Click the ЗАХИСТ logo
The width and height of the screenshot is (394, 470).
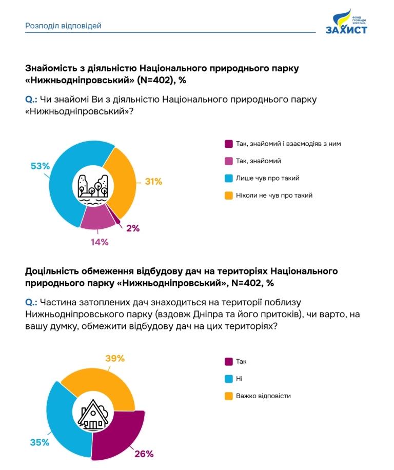click(x=347, y=23)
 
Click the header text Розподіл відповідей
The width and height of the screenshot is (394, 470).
click(x=63, y=25)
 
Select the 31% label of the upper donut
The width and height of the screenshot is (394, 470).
click(x=153, y=181)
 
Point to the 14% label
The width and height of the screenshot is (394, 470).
click(x=100, y=242)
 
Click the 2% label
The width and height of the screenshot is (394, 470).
click(x=132, y=228)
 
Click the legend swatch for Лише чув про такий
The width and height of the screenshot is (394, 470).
click(x=229, y=178)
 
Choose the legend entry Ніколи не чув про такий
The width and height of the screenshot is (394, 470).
click(x=274, y=195)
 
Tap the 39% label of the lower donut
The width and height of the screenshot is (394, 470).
click(x=115, y=358)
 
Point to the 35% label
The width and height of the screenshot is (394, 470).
click(x=40, y=442)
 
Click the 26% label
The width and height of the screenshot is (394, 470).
click(x=144, y=454)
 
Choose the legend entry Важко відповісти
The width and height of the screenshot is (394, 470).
click(x=263, y=396)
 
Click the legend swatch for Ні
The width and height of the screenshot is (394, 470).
click(x=229, y=379)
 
